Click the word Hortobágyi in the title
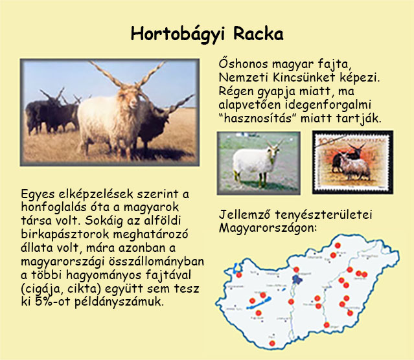[178, 34]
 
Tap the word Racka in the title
[259, 34]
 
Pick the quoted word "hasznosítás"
[257, 118]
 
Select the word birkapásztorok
[65, 234]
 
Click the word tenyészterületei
[323, 214]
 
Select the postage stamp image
[352, 163]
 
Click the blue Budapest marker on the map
[298, 280]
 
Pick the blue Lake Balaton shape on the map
[259, 303]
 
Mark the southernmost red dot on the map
[272, 343]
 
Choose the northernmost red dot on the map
[338, 245]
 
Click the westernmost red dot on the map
[239, 275]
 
